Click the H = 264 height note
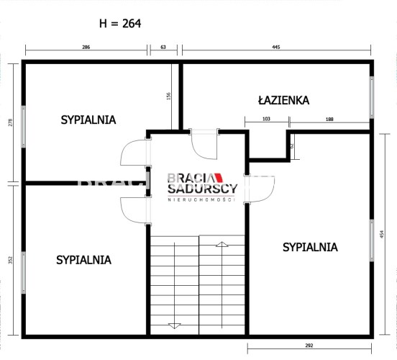tap(120, 24)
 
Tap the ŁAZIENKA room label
tap(283, 100)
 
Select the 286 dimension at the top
tap(86, 47)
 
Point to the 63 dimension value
tap(163, 47)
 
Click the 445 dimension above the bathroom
tap(276, 47)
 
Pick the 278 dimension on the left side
tap(10, 122)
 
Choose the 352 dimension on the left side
tap(10, 260)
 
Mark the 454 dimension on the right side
tap(382, 234)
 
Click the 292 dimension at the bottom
tap(309, 346)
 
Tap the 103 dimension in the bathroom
tap(266, 119)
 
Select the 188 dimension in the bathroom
tap(329, 119)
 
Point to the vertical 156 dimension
tap(168, 96)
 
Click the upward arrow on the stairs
tap(222, 284)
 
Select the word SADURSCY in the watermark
tap(203, 189)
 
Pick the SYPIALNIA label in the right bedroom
tap(310, 247)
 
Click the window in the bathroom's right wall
tap(371, 97)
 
